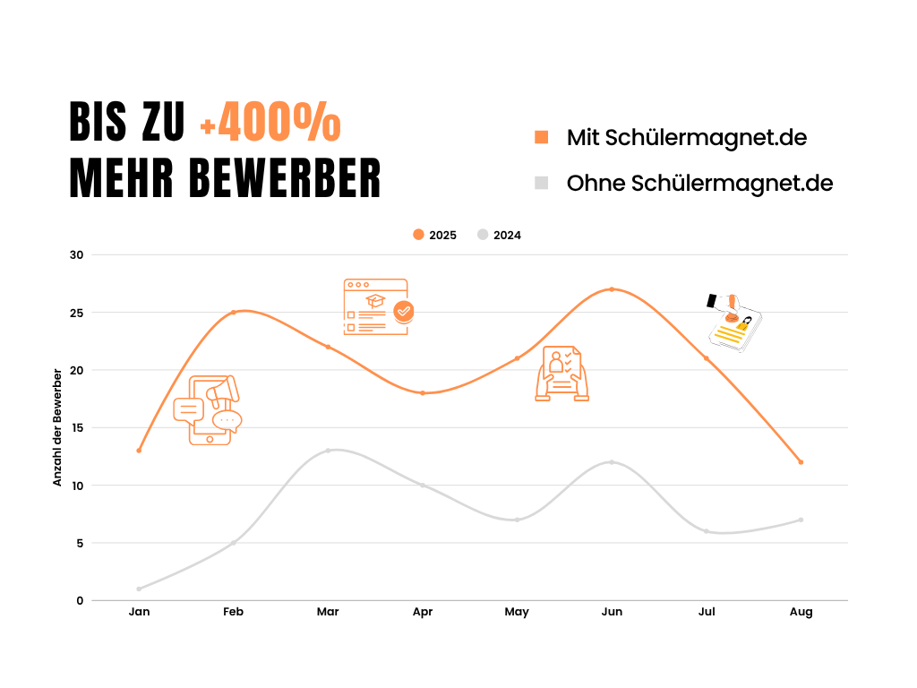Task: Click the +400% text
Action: tap(270, 123)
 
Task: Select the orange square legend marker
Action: tap(542, 137)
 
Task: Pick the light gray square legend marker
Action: tap(542, 183)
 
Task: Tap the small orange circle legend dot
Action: tap(418, 234)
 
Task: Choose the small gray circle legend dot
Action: tap(483, 234)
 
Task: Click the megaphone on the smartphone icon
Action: tap(222, 391)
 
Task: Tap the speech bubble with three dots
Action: tap(227, 419)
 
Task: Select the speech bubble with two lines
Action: tap(188, 409)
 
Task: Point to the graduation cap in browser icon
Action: tap(375, 300)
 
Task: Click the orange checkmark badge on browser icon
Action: tap(404, 311)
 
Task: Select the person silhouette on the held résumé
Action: tap(556, 362)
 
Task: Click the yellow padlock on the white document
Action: tap(745, 323)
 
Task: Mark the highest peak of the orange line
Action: tap(612, 288)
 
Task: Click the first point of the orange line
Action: tap(139, 451)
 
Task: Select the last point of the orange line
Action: tap(801, 462)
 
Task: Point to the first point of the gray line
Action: tap(139, 589)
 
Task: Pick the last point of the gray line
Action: tap(801, 520)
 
